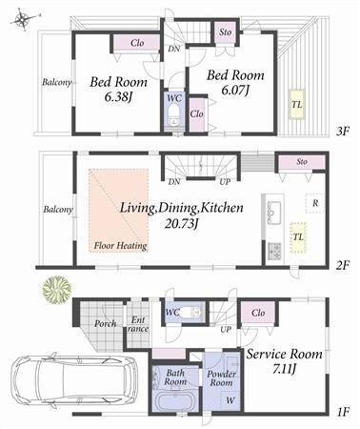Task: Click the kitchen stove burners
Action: click(274, 251)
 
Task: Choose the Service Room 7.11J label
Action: click(285, 360)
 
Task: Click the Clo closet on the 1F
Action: click(258, 312)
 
